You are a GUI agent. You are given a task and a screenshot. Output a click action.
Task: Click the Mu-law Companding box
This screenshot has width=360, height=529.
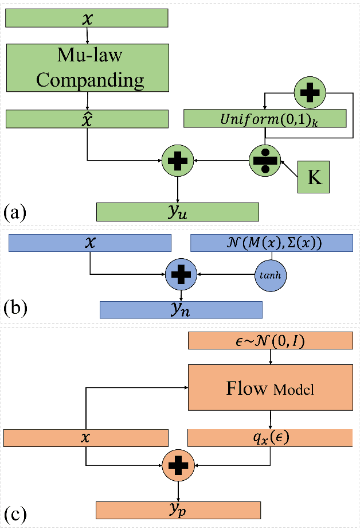coord(87,68)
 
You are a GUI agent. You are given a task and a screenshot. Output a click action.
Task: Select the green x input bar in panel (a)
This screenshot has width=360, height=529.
coord(87,18)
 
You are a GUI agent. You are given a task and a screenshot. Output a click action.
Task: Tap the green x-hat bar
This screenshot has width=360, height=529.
coord(87,118)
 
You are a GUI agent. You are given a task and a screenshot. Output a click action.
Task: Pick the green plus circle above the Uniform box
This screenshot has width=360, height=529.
coord(310,92)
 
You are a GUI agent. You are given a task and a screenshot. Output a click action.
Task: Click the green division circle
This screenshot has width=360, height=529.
coord(264,160)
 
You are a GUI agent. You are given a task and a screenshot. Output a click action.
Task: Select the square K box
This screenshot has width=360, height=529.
coord(315,177)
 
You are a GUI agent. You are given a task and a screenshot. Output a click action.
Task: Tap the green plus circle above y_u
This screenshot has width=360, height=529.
coord(178,160)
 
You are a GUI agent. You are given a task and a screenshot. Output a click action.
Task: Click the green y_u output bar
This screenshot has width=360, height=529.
coord(178,211)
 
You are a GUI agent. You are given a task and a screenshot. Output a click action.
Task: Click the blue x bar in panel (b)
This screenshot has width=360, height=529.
coord(90,243)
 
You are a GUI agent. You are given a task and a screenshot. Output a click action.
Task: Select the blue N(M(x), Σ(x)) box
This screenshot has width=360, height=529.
coord(272,243)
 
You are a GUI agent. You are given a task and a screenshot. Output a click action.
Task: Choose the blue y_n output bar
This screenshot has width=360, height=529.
coord(181,309)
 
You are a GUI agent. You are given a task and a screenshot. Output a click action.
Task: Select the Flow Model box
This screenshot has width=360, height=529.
coord(270,390)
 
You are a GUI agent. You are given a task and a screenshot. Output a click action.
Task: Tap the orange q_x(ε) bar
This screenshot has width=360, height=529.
coord(270,437)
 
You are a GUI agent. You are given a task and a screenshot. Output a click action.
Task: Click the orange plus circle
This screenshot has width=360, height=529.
coord(178,464)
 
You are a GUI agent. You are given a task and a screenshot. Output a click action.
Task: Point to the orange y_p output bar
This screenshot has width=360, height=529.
coord(178,509)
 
